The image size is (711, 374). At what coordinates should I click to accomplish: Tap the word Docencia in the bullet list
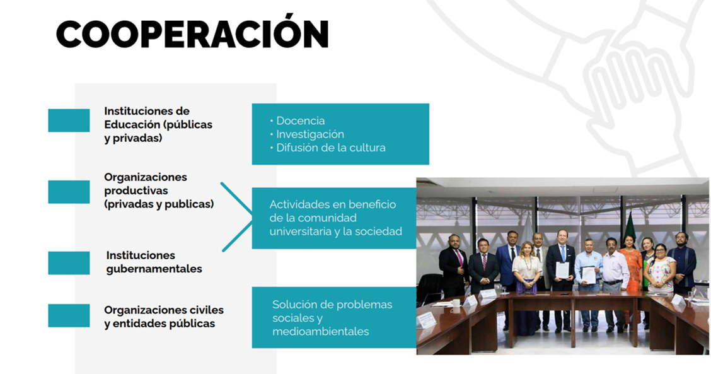(x=300, y=120)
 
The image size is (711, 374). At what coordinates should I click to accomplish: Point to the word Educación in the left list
(x=132, y=124)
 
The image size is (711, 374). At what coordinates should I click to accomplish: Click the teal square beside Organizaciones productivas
(x=69, y=192)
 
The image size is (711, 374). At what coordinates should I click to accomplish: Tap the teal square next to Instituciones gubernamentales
(x=69, y=263)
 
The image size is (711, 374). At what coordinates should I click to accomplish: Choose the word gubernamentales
(x=154, y=269)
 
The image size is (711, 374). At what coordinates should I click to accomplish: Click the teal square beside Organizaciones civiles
(x=69, y=316)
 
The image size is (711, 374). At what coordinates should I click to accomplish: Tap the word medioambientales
(x=321, y=332)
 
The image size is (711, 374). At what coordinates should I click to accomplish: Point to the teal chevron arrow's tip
(x=252, y=217)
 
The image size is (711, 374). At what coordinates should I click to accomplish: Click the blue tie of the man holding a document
(x=563, y=254)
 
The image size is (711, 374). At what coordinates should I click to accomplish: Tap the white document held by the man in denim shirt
(x=589, y=275)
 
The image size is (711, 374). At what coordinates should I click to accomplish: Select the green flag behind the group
(x=629, y=227)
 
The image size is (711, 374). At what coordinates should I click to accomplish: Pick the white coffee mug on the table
(x=456, y=303)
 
